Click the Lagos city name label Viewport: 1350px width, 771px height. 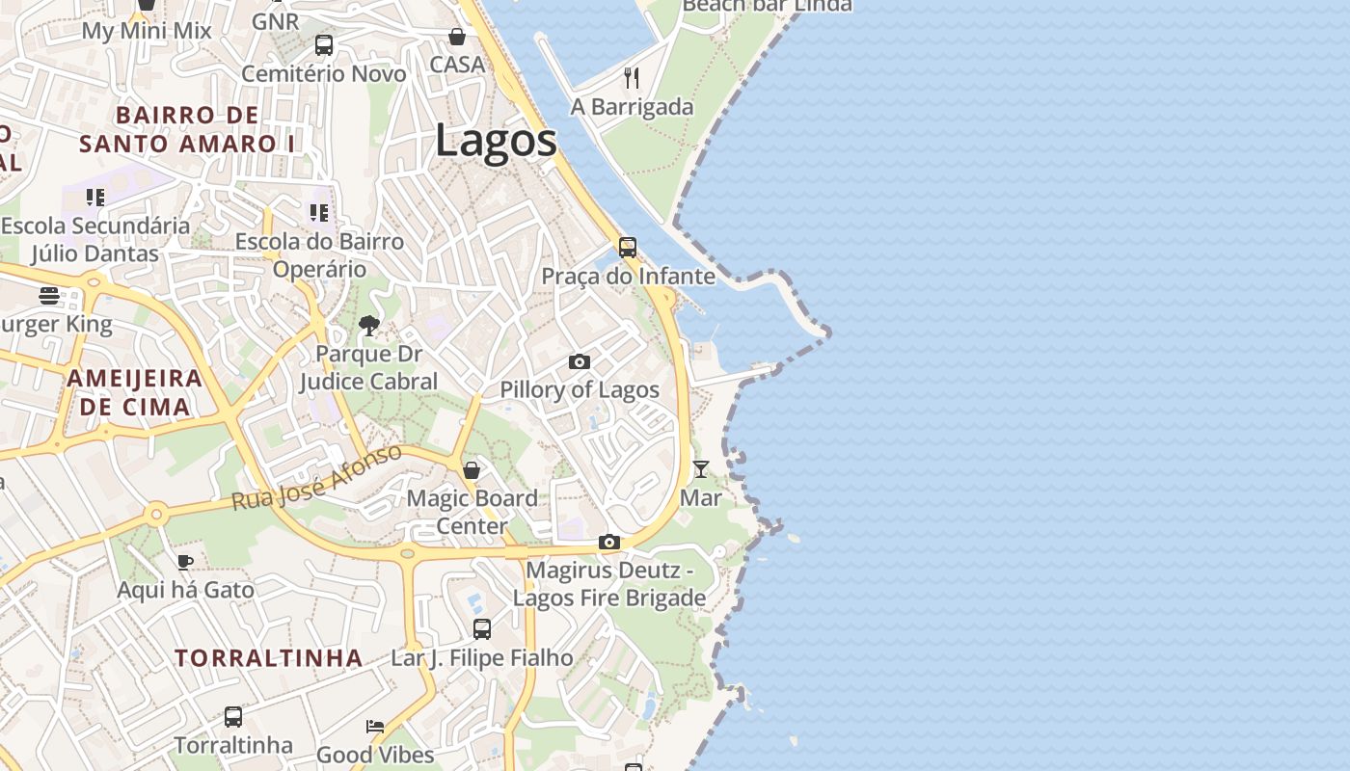[496, 141]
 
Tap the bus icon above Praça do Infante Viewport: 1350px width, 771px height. [628, 248]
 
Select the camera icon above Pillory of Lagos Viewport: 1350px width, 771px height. [580, 362]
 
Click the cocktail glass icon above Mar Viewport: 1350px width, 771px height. [701, 469]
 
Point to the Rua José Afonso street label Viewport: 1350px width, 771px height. [316, 479]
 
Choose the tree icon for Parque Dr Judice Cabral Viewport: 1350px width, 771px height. [368, 326]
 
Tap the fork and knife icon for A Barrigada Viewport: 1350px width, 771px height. [632, 77]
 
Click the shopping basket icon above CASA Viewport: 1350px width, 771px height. [457, 37]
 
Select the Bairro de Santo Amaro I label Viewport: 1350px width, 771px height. [188, 129]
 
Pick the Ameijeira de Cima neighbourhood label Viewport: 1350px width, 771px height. [135, 392]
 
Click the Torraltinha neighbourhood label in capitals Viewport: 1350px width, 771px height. [269, 658]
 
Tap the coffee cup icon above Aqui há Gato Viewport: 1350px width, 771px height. [185, 562]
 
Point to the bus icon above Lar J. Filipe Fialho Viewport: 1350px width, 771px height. [482, 629]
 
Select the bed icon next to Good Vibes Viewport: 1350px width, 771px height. [375, 726]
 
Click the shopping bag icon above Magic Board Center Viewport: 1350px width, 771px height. [472, 470]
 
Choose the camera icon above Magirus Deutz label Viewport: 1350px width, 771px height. [608, 543]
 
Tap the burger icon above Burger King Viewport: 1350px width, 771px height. [49, 296]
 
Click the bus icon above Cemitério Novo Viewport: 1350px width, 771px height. [324, 45]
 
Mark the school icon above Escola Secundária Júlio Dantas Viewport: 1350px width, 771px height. [94, 198]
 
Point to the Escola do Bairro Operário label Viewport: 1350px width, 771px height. [319, 254]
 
